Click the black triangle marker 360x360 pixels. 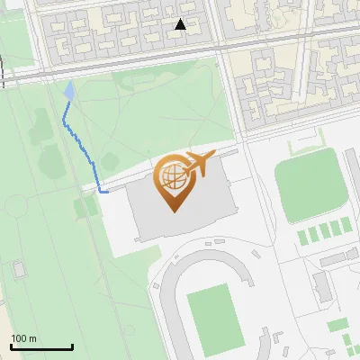(x=181, y=25)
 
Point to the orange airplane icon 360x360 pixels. (x=199, y=165)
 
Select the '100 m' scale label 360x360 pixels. (x=24, y=338)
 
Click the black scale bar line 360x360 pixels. (x=41, y=347)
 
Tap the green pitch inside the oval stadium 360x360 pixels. (x=215, y=317)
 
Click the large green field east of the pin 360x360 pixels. (x=310, y=189)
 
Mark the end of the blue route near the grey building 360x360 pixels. (x=107, y=192)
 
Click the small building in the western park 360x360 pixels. (x=19, y=268)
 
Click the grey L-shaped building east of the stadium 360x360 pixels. (x=322, y=286)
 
